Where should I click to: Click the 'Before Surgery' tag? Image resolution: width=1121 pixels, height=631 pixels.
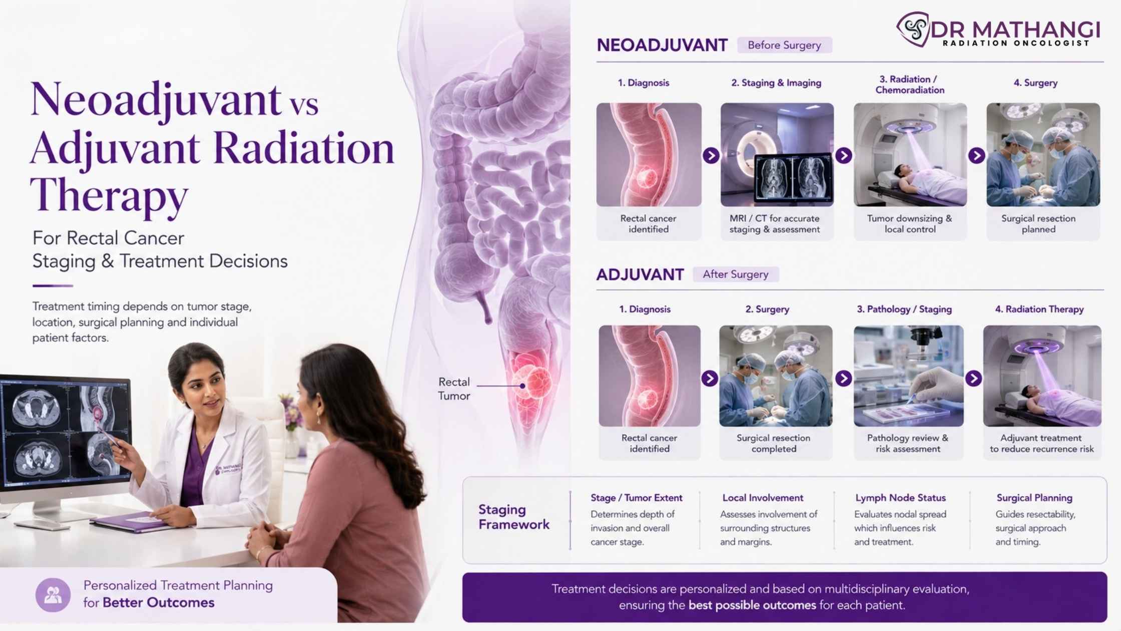pyautogui.click(x=784, y=45)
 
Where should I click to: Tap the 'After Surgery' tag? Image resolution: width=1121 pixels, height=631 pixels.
pyautogui.click(x=736, y=274)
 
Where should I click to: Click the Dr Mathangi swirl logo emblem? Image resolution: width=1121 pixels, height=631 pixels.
pyautogui.click(x=913, y=29)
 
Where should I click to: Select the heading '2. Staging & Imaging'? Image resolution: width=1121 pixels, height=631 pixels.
pyautogui.click(x=776, y=83)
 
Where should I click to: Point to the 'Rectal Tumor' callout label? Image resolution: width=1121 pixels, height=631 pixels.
pyautogui.click(x=454, y=389)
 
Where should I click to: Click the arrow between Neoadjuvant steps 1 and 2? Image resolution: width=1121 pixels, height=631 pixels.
pyautogui.click(x=711, y=155)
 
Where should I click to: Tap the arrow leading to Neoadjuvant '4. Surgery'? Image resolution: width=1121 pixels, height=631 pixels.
pyautogui.click(x=976, y=155)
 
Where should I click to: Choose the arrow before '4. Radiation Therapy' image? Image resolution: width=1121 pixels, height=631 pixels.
pyautogui.click(x=973, y=378)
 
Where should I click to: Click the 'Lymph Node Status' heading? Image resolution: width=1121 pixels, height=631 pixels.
pyautogui.click(x=900, y=498)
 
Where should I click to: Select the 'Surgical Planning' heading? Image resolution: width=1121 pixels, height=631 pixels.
pyautogui.click(x=1034, y=498)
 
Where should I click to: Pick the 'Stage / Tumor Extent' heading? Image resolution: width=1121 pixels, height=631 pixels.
pyautogui.click(x=636, y=498)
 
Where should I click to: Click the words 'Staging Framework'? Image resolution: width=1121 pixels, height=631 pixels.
pyautogui.click(x=514, y=517)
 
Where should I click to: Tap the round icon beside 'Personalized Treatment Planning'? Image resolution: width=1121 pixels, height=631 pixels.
pyautogui.click(x=53, y=595)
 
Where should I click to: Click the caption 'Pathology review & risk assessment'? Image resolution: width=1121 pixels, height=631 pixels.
pyautogui.click(x=908, y=443)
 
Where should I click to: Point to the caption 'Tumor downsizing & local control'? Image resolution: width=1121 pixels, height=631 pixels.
pyautogui.click(x=909, y=224)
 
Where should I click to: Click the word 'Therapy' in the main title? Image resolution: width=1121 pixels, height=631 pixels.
pyautogui.click(x=109, y=195)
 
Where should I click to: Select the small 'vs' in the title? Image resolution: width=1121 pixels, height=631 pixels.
pyautogui.click(x=303, y=104)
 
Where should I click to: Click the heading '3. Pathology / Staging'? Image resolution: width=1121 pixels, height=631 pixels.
pyautogui.click(x=904, y=309)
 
